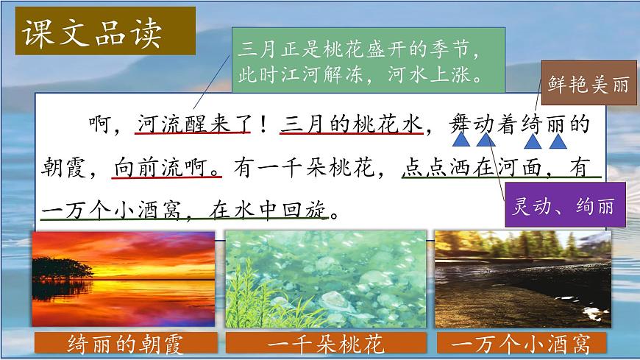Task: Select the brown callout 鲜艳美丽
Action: tap(589, 84)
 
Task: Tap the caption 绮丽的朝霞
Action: tap(124, 344)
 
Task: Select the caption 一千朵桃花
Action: tap(326, 344)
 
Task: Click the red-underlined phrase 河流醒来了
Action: tap(193, 124)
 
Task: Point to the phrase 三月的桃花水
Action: tap(352, 124)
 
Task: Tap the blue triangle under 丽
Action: tap(558, 140)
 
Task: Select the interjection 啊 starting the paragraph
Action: tap(101, 124)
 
